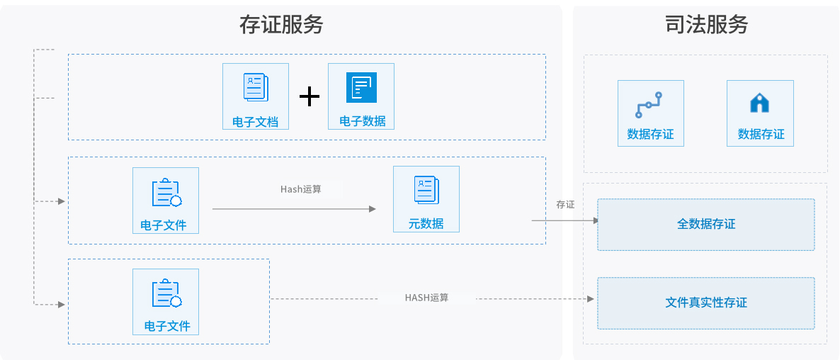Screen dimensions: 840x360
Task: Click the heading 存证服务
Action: pos(281,24)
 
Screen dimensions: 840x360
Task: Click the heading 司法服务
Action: pos(706,24)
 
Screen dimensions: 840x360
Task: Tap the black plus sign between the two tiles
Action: pos(309,96)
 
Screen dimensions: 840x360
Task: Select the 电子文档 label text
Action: pos(256,122)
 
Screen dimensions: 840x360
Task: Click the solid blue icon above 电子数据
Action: pos(361,87)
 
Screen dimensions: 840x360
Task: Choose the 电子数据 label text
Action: pos(362,121)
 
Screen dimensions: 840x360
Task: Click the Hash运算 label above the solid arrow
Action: pos(301,189)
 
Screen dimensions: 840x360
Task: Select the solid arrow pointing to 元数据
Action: pos(294,209)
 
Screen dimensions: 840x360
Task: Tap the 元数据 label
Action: pos(426,223)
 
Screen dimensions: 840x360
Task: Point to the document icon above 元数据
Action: pos(426,190)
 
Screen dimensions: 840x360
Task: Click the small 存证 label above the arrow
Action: pos(565,204)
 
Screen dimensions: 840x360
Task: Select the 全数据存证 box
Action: pos(706,225)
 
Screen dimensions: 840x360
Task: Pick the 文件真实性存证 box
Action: pos(706,303)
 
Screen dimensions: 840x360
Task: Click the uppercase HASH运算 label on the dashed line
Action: pos(426,298)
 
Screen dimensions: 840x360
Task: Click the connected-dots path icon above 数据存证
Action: pos(649,104)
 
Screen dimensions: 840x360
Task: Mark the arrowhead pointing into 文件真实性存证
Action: pos(591,298)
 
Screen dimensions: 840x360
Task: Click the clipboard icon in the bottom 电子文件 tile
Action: pos(166,293)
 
